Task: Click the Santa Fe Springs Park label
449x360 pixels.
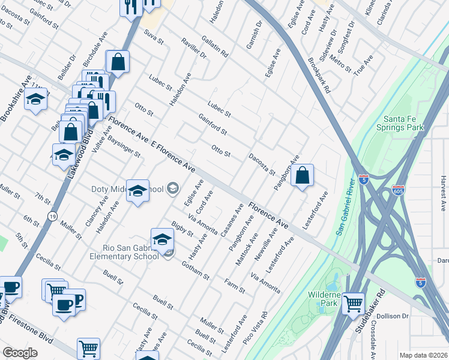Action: (x=400, y=122)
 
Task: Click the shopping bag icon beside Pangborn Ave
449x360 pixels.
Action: (x=303, y=176)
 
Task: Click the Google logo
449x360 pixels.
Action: (x=20, y=352)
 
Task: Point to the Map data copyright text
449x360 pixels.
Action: (x=424, y=355)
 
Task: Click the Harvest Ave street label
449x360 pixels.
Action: (x=443, y=193)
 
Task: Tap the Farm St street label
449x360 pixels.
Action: (x=235, y=286)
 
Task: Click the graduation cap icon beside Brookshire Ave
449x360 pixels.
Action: (x=35, y=100)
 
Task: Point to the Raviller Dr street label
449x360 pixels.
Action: (x=193, y=47)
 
